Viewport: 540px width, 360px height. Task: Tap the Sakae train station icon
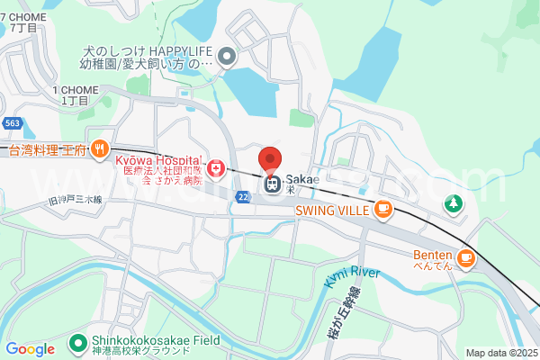[x=271, y=184]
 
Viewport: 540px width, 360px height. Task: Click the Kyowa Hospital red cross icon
[x=216, y=168]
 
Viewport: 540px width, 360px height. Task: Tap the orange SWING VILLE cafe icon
[x=383, y=210]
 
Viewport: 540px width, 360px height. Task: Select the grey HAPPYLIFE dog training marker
[x=227, y=58]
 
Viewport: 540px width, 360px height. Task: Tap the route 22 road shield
[x=243, y=195]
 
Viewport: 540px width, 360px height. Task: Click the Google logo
[x=31, y=348]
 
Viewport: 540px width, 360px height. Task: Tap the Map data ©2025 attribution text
[x=499, y=353]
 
